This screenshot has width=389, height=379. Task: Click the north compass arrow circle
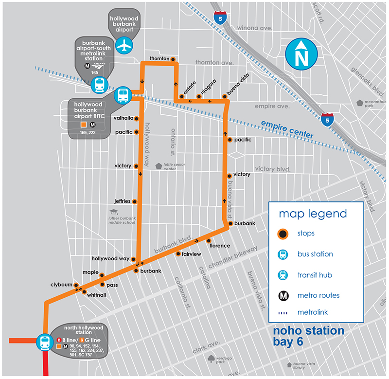coord(302,54)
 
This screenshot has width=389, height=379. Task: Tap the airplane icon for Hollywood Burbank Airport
coord(126,45)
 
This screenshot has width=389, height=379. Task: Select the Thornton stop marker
coord(173,59)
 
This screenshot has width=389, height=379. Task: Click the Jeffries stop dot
coord(135,201)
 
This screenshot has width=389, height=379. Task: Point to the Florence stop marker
coord(209,240)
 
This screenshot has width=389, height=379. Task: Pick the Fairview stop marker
coord(178,254)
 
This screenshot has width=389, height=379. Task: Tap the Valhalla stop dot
coord(137,119)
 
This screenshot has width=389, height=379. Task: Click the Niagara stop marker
coord(198,97)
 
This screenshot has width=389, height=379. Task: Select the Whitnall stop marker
coord(84,292)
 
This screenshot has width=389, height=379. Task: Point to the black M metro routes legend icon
coord(283,295)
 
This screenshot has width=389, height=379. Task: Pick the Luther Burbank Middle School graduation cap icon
coord(114,212)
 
